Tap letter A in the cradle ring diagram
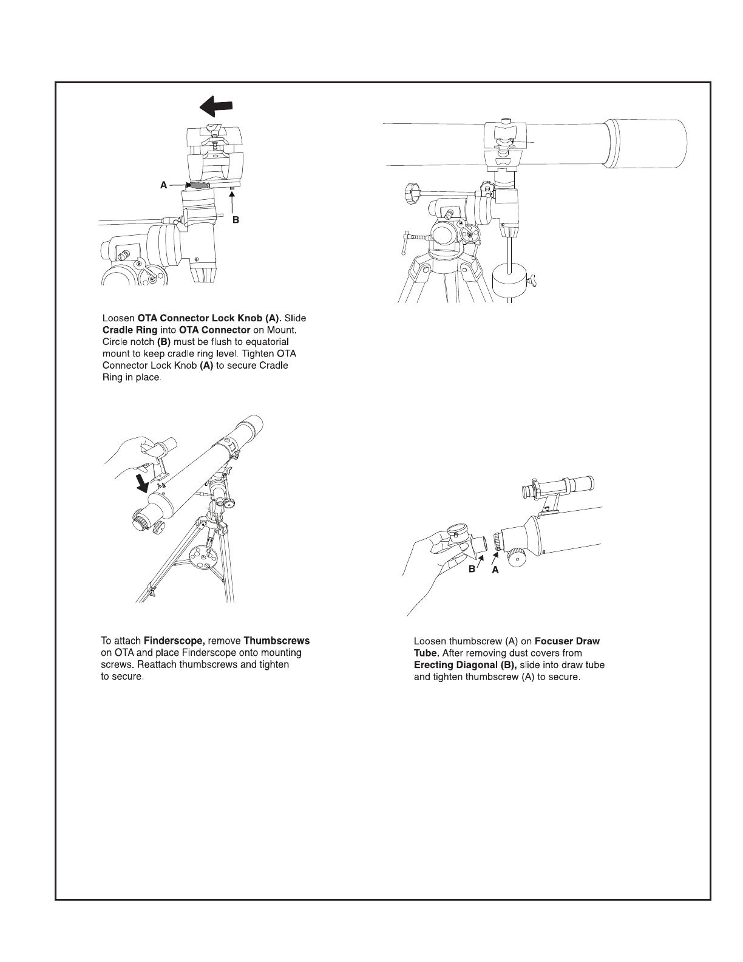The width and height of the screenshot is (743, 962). coord(163,185)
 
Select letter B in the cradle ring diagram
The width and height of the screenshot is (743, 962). coord(236,221)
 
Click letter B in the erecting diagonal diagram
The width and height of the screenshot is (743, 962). coord(471,570)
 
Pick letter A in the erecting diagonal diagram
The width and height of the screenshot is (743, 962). coord(495,570)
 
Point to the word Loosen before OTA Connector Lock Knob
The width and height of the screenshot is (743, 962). coord(118,318)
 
